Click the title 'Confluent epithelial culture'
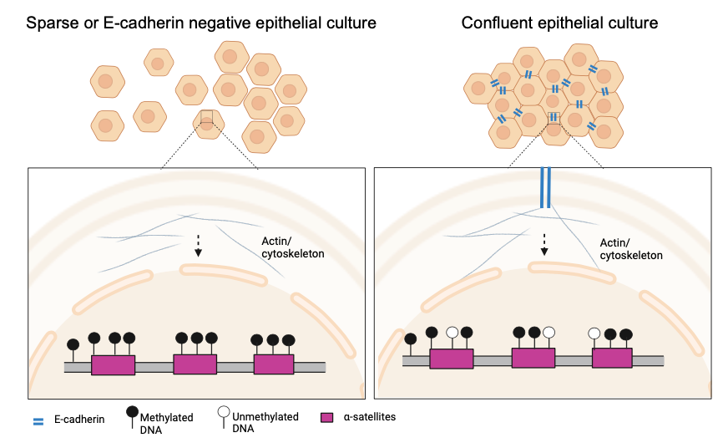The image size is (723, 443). click(559, 23)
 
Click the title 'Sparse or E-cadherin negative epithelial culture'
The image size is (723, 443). click(201, 23)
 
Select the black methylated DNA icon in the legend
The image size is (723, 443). click(132, 413)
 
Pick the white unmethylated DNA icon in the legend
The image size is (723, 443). click(223, 413)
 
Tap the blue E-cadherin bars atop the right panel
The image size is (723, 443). click(545, 188)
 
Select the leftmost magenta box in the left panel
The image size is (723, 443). click(113, 364)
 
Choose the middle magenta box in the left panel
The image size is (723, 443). click(195, 364)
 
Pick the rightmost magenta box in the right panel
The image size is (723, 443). click(612, 359)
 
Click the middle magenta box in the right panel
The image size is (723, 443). click(533, 359)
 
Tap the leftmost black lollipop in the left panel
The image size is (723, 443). click(73, 344)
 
